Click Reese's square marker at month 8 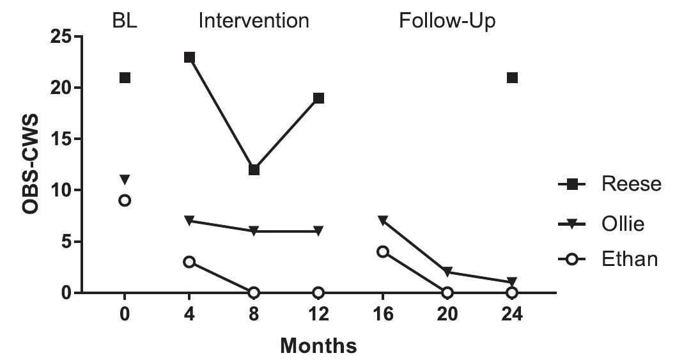click(254, 169)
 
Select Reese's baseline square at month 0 click(125, 77)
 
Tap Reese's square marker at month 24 click(511, 77)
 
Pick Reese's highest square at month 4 click(189, 57)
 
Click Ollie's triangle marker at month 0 click(125, 180)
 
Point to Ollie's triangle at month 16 click(382, 221)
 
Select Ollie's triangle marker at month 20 click(447, 272)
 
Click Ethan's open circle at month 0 click(125, 200)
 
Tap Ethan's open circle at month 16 click(382, 251)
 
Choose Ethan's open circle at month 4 click(189, 262)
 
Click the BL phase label click(124, 21)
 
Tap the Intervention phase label click(254, 21)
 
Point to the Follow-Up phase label click(447, 21)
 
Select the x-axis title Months click(318, 346)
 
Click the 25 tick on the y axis click(62, 36)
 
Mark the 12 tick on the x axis click(318, 315)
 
